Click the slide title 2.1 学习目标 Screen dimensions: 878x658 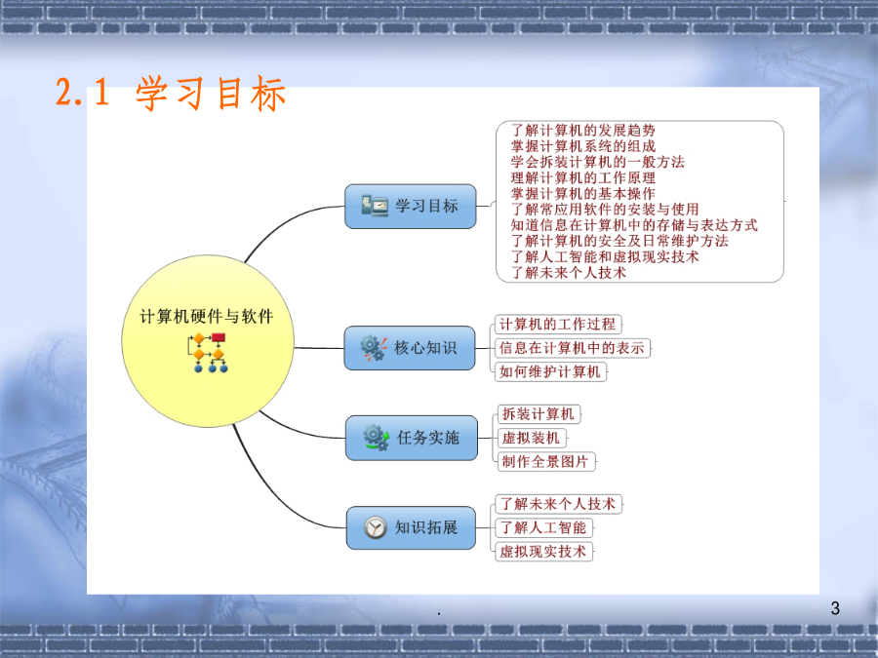(171, 93)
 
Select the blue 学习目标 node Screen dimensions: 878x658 (411, 207)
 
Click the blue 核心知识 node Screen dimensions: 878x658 (410, 348)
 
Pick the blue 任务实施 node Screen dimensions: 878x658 (412, 438)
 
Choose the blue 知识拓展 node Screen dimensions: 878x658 (411, 527)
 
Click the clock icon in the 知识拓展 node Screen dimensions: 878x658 (376, 527)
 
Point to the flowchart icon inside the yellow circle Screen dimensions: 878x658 (209, 353)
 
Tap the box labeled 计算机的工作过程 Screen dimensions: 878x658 (558, 324)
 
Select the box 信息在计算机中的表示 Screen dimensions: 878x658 (573, 348)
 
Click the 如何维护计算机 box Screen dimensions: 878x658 (550, 371)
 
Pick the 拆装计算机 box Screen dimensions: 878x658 (539, 414)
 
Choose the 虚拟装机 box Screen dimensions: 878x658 (532, 438)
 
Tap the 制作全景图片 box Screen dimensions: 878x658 (546, 462)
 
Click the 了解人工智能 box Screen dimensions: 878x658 (543, 527)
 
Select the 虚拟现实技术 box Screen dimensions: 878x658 (543, 551)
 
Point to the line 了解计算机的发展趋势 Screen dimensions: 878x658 (583, 131)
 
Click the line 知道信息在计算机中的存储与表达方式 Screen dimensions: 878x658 (634, 225)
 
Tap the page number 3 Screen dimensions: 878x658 (835, 608)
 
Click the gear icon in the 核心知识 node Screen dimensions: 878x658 (374, 348)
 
